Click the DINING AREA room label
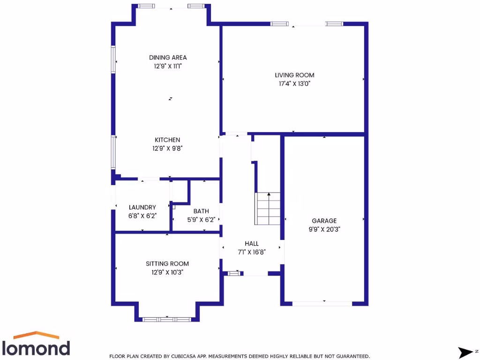(168, 58)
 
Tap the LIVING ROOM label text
(294, 75)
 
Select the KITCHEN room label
(167, 140)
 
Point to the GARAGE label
(324, 221)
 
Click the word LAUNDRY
(142, 207)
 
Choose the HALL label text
(251, 243)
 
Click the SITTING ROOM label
(167, 263)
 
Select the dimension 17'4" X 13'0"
(294, 83)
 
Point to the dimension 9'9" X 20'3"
(324, 229)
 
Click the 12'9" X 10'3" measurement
(167, 272)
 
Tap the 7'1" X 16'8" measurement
(252, 252)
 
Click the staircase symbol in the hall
(268, 208)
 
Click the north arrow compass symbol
(466, 351)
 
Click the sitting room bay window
(167, 319)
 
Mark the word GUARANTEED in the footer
(352, 356)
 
